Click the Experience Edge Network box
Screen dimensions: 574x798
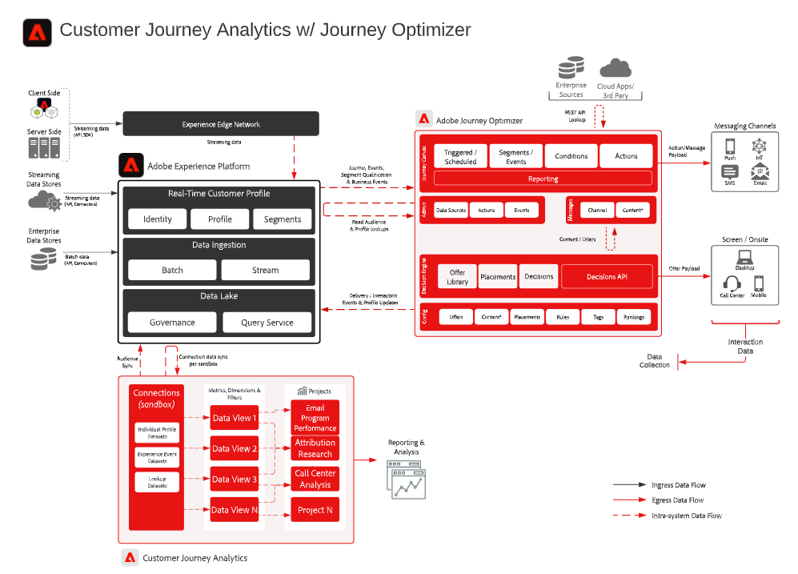(220, 124)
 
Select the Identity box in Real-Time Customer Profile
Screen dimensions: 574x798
(158, 219)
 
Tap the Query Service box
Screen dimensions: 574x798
(267, 323)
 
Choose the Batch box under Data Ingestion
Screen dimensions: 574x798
(172, 270)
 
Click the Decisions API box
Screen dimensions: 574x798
(607, 276)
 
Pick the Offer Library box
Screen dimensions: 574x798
(457, 276)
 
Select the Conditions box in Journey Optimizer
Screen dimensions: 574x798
(571, 156)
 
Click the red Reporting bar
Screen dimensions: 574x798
(543, 179)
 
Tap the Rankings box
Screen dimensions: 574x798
(634, 317)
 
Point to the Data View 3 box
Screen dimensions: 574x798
(235, 479)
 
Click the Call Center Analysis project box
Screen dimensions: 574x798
(315, 479)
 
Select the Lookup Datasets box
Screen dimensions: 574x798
(157, 482)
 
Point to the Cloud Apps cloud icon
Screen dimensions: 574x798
(615, 68)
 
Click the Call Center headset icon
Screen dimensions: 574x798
(732, 283)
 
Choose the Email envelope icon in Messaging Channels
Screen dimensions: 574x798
(760, 171)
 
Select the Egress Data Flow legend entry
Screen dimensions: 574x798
(677, 500)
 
